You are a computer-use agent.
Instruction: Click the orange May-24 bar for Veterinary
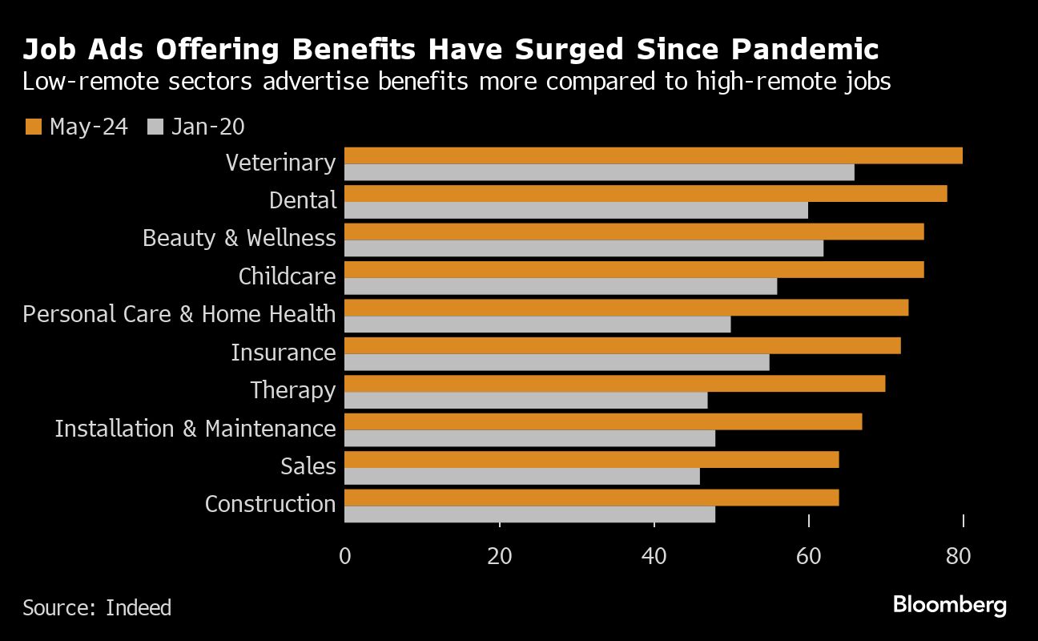pyautogui.click(x=653, y=155)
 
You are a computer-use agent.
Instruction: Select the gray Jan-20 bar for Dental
pyautogui.click(x=576, y=211)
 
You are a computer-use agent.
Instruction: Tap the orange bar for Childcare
pyautogui.click(x=634, y=269)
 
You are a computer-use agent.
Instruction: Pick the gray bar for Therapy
pyautogui.click(x=526, y=401)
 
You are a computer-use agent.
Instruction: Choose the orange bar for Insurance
pyautogui.click(x=622, y=345)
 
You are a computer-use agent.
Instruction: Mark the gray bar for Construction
pyautogui.click(x=529, y=514)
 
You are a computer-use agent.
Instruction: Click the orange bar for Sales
pyautogui.click(x=591, y=459)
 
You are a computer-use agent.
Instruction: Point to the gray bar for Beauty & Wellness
pyautogui.click(x=584, y=248)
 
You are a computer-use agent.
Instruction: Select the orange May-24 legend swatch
pyautogui.click(x=34, y=127)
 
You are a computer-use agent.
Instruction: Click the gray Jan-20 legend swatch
pyautogui.click(x=156, y=127)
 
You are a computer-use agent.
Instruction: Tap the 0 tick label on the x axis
pyautogui.click(x=345, y=556)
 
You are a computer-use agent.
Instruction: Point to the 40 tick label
pyautogui.click(x=654, y=556)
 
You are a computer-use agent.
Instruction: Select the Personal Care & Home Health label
pyautogui.click(x=179, y=313)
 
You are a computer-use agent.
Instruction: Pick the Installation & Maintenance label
pyautogui.click(x=195, y=429)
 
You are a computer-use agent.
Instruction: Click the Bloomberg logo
pyautogui.click(x=950, y=605)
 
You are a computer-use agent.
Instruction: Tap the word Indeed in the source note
pyautogui.click(x=139, y=608)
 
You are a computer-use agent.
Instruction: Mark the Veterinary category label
pyautogui.click(x=280, y=163)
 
